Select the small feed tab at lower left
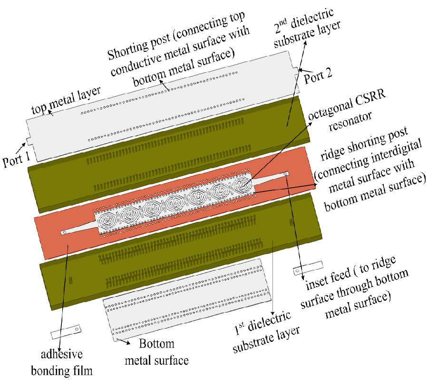(64, 331)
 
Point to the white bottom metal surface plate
(190, 304)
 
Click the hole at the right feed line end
(285, 174)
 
